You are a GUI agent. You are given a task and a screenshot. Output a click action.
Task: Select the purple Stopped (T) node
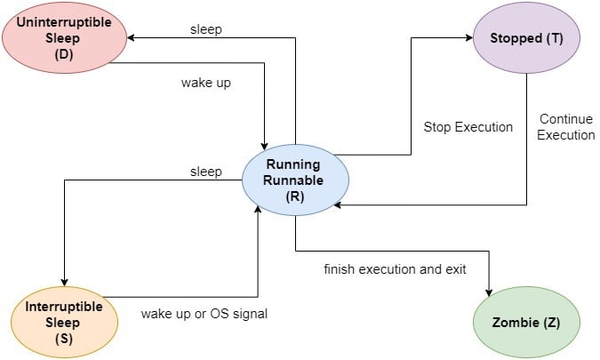(526, 38)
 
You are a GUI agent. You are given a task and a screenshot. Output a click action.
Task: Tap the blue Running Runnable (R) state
(296, 180)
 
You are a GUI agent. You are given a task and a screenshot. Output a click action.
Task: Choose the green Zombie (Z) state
(525, 321)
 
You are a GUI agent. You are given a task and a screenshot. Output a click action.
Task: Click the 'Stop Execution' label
(468, 127)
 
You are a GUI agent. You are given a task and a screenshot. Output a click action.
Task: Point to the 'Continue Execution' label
(566, 127)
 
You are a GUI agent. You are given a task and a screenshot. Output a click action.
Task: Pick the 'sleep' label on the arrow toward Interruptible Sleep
(206, 171)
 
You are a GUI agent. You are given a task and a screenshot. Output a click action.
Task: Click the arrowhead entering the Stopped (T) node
(467, 38)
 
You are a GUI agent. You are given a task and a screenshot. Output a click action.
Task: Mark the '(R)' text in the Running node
(296, 197)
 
